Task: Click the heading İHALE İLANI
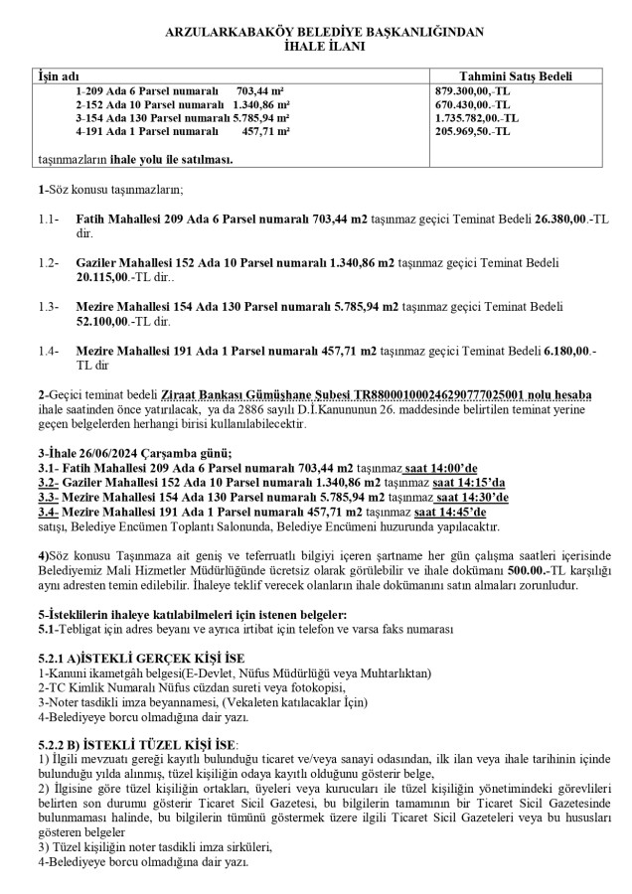pos(316,46)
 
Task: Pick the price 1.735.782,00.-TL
pos(478,116)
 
